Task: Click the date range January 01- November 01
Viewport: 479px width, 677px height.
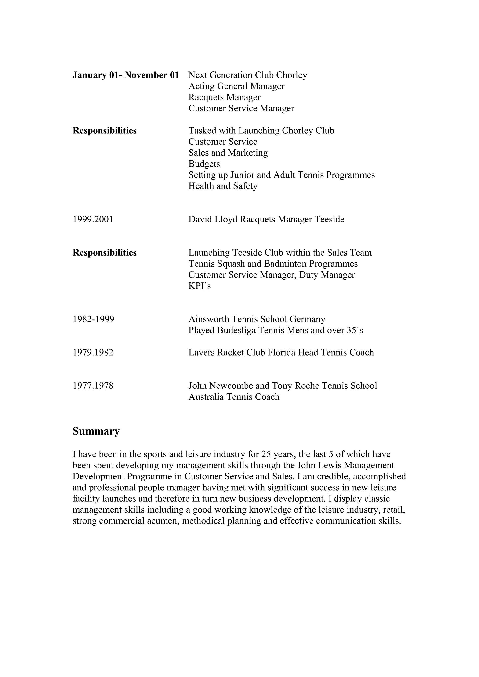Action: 126,75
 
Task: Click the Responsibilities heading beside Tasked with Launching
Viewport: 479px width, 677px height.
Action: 105,131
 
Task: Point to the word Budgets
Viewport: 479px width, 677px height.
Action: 204,164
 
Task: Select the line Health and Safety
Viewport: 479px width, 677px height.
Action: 223,186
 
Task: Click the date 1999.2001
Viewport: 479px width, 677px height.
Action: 93,219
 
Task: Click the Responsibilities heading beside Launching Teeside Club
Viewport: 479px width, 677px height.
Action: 105,253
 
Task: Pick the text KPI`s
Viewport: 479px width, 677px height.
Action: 200,286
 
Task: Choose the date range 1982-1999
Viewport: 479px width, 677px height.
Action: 93,319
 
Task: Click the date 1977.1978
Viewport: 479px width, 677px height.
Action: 93,386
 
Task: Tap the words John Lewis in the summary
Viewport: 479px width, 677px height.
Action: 319,466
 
